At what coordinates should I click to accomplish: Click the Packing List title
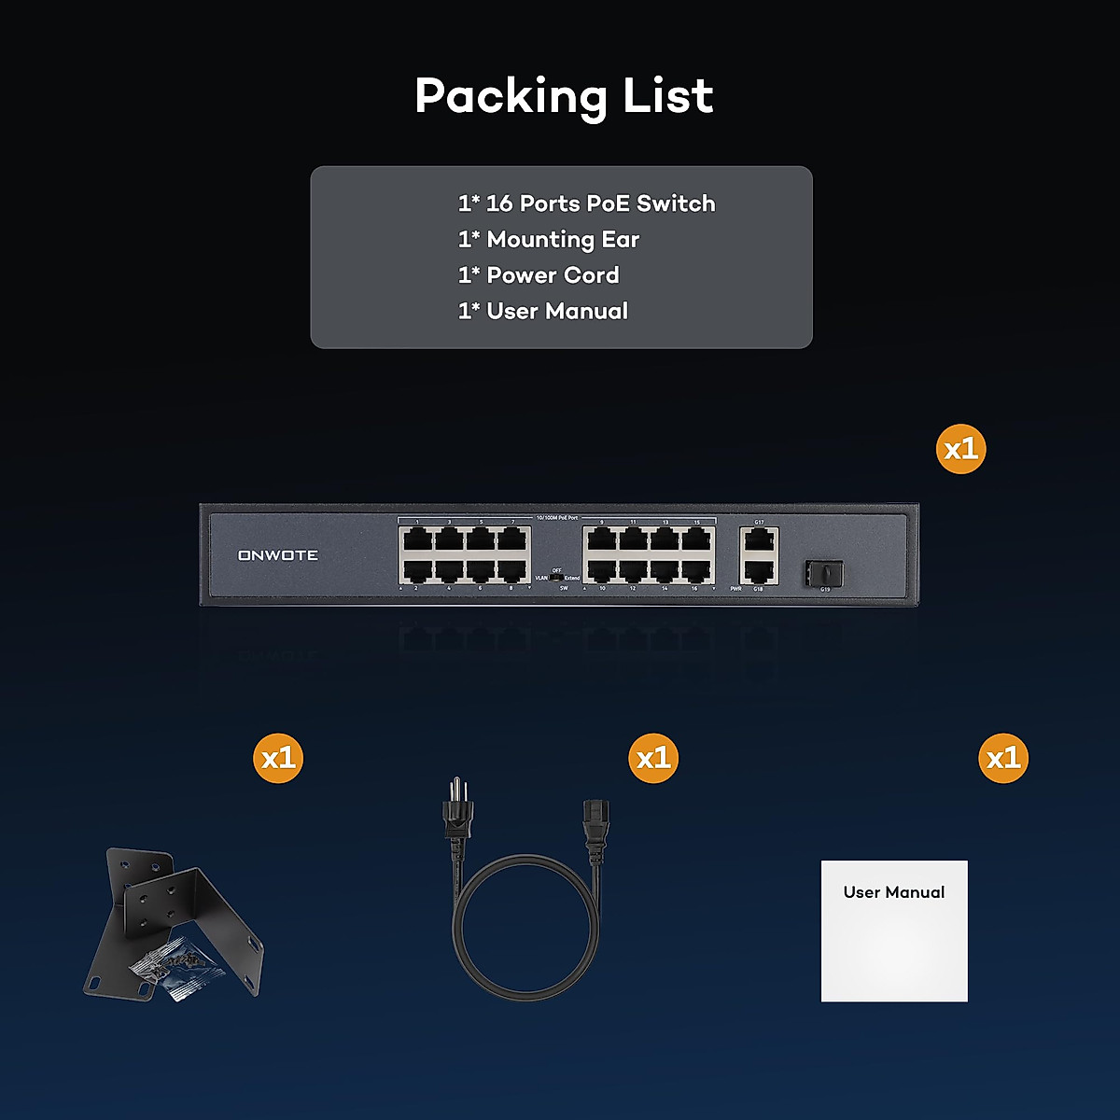click(564, 96)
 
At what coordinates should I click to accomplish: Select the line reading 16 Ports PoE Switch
click(586, 203)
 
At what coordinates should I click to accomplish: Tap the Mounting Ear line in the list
click(549, 240)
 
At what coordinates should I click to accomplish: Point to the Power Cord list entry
click(539, 275)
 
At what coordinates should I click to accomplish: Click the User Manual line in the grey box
click(543, 312)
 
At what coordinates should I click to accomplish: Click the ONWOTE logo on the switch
click(278, 555)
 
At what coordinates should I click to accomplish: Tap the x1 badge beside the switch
click(960, 450)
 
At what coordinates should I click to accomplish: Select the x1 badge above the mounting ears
click(278, 758)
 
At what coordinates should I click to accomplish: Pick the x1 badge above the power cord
click(653, 758)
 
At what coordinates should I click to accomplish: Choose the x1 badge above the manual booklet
click(1003, 758)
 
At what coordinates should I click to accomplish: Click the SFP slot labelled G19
click(822, 573)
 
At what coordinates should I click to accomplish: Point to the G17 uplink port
click(759, 539)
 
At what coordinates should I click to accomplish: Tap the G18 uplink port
click(759, 570)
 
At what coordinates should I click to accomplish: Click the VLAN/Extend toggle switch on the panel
click(557, 578)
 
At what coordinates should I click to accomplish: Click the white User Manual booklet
click(894, 931)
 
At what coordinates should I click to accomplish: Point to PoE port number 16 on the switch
click(695, 571)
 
